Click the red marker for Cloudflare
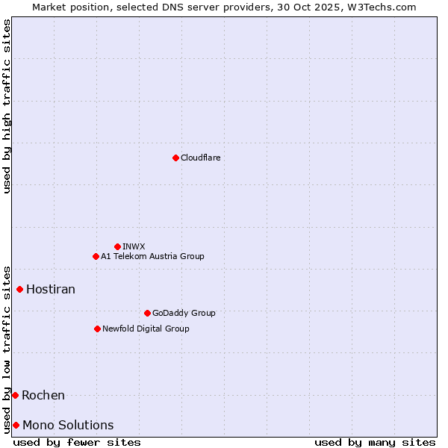coord(175,158)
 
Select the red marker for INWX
coord(117,246)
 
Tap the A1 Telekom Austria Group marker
coord(96,256)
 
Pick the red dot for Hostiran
coord(20,289)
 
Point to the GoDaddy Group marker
coord(147,313)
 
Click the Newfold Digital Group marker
coord(97,329)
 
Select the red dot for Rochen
coord(15,395)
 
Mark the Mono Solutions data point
coord(16,425)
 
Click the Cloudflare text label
coord(200,158)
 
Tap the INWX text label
coord(134,246)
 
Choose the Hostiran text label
coord(51,289)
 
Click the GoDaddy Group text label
coord(184,313)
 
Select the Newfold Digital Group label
coord(146,329)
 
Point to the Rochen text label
coord(43,395)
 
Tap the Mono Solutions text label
coord(68,425)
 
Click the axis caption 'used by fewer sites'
coord(77,442)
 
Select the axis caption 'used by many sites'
coord(375,442)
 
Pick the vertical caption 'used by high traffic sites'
coord(7,106)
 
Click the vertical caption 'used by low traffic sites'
coord(7,349)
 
